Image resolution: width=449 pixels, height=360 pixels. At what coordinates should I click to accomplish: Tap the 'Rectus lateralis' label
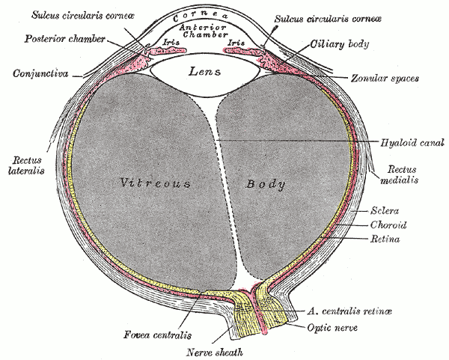click(25, 164)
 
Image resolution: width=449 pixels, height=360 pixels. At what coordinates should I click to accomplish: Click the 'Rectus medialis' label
click(400, 174)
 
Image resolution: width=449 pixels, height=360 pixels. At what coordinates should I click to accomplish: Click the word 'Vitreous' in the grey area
click(155, 182)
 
